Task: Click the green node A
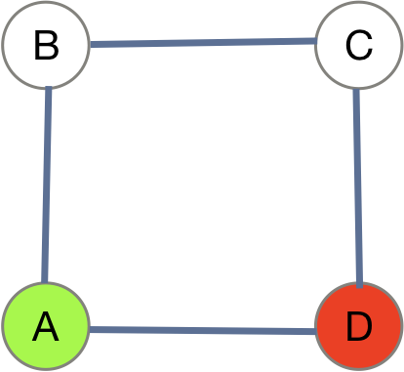tap(45, 327)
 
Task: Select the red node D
tap(359, 327)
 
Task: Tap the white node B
tap(45, 45)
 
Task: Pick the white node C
tap(359, 45)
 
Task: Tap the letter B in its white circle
tap(45, 46)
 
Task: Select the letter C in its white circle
tap(359, 46)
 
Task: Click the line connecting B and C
tap(202, 43)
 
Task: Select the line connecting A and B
tap(46, 186)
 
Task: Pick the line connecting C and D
tap(358, 186)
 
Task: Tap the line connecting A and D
tap(202, 330)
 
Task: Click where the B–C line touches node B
tap(89, 45)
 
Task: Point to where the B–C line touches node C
tap(316, 42)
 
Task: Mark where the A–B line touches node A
tap(45, 284)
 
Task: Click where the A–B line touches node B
tap(47, 89)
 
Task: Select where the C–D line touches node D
tap(359, 284)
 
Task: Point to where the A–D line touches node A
tap(89, 329)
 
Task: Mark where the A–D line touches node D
tap(316, 331)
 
